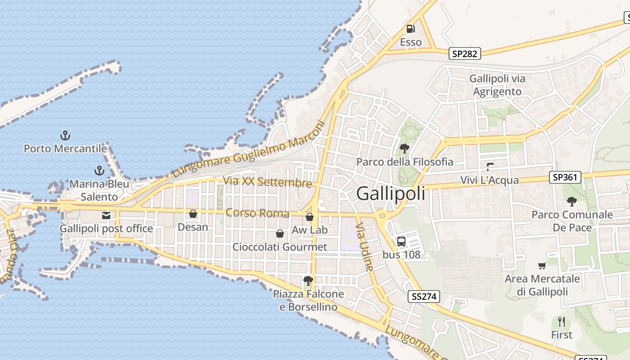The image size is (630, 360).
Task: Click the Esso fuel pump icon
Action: [x=410, y=29]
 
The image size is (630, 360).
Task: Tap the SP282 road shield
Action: [x=465, y=54]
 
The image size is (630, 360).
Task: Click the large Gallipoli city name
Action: [x=391, y=193]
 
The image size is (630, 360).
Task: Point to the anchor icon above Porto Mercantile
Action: [x=66, y=135]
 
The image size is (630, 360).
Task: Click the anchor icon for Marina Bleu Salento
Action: [x=99, y=171]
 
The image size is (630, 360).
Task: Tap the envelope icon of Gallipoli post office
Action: [x=106, y=216]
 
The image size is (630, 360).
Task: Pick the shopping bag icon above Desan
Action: [x=193, y=214]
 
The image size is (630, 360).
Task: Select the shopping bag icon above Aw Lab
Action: [x=310, y=217]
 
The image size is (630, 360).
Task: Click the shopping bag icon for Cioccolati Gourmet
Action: [x=280, y=234]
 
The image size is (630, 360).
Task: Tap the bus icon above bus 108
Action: [x=401, y=242]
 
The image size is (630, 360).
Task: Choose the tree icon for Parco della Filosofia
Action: [x=404, y=148]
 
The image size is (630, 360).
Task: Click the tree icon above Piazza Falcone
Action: [x=308, y=281]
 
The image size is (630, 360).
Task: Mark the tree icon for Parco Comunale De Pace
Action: [x=572, y=201]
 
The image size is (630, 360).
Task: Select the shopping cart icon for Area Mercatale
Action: [x=542, y=266]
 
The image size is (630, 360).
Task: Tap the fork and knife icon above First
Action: [x=562, y=322]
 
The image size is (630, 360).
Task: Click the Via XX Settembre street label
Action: [x=267, y=182]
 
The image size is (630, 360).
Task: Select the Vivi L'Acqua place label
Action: [x=490, y=180]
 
